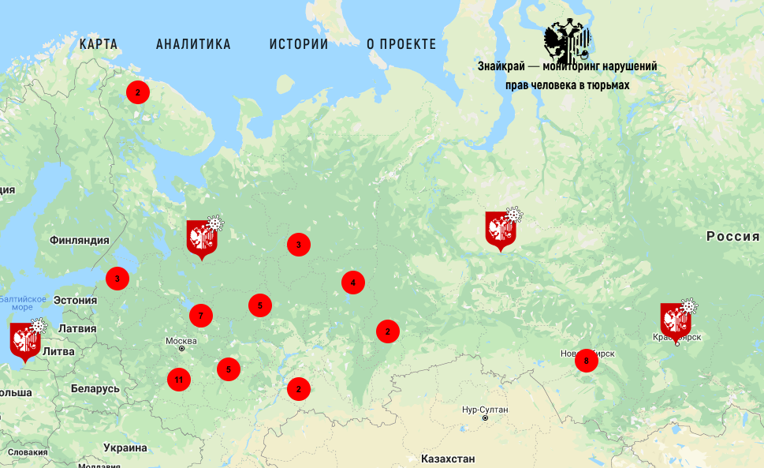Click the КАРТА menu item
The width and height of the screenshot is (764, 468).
click(99, 44)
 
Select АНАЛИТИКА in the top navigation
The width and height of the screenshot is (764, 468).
click(193, 44)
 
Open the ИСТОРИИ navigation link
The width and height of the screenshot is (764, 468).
click(299, 44)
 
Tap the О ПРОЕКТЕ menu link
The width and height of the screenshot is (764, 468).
click(401, 44)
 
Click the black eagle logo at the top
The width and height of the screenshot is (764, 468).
click(567, 41)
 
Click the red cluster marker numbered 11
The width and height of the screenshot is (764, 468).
click(179, 380)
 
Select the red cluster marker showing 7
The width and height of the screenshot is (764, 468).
click(201, 316)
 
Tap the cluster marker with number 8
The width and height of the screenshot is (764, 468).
click(587, 361)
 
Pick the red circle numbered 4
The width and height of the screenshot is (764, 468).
click(353, 283)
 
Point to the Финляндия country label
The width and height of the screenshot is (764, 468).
click(78, 240)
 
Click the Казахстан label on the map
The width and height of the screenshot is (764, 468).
click(448, 459)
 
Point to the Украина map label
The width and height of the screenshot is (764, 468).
click(125, 447)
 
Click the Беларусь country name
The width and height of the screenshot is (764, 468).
click(95, 388)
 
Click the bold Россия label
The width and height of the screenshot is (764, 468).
click(732, 237)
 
